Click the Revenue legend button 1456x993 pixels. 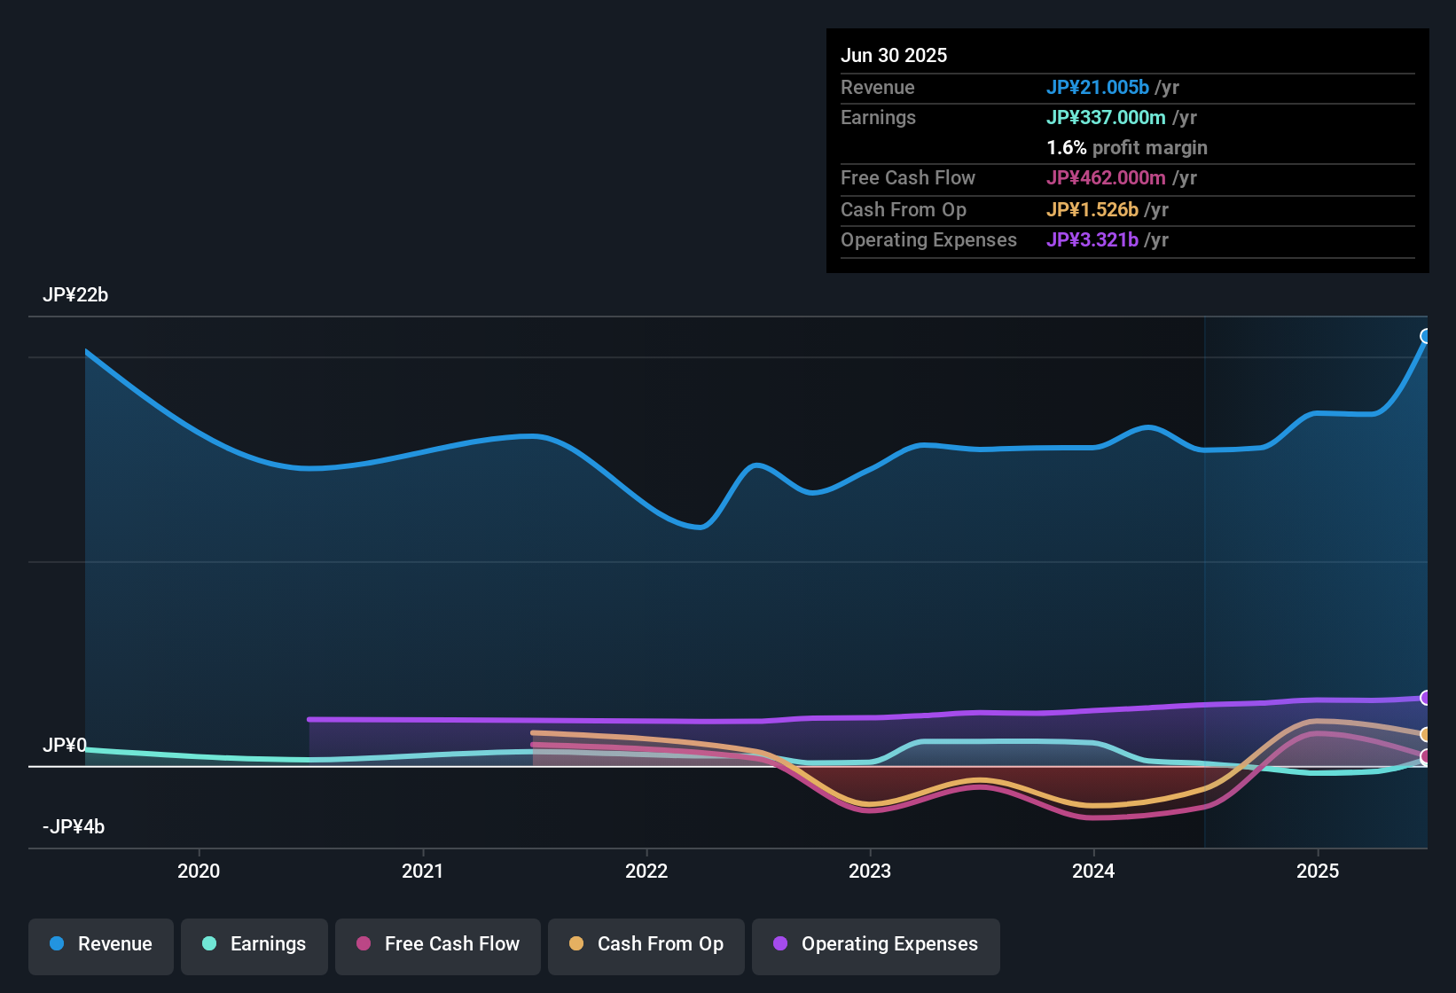tap(101, 944)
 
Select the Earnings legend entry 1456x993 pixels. tap(254, 944)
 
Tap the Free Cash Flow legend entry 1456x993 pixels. tap(438, 944)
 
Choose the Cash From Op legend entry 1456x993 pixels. tap(646, 944)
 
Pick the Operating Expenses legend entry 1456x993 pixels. tap(876, 944)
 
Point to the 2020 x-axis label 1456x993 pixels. tap(199, 871)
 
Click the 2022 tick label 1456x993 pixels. tap(646, 871)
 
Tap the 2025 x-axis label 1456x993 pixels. tap(1318, 871)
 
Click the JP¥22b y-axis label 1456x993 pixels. tap(75, 295)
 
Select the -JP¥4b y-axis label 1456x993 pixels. tap(74, 827)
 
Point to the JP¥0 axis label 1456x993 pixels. tap(65, 746)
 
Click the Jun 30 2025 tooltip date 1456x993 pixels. tap(894, 56)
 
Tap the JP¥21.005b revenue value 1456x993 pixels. tap(1098, 88)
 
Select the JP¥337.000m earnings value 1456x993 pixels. tap(1106, 118)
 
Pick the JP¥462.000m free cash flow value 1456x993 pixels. tap(1106, 178)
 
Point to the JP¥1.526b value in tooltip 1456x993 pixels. tap(1092, 210)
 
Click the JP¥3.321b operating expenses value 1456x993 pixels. tap(1092, 240)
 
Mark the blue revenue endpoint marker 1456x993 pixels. tap(1426, 336)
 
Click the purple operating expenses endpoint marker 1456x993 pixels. tap(1426, 698)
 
